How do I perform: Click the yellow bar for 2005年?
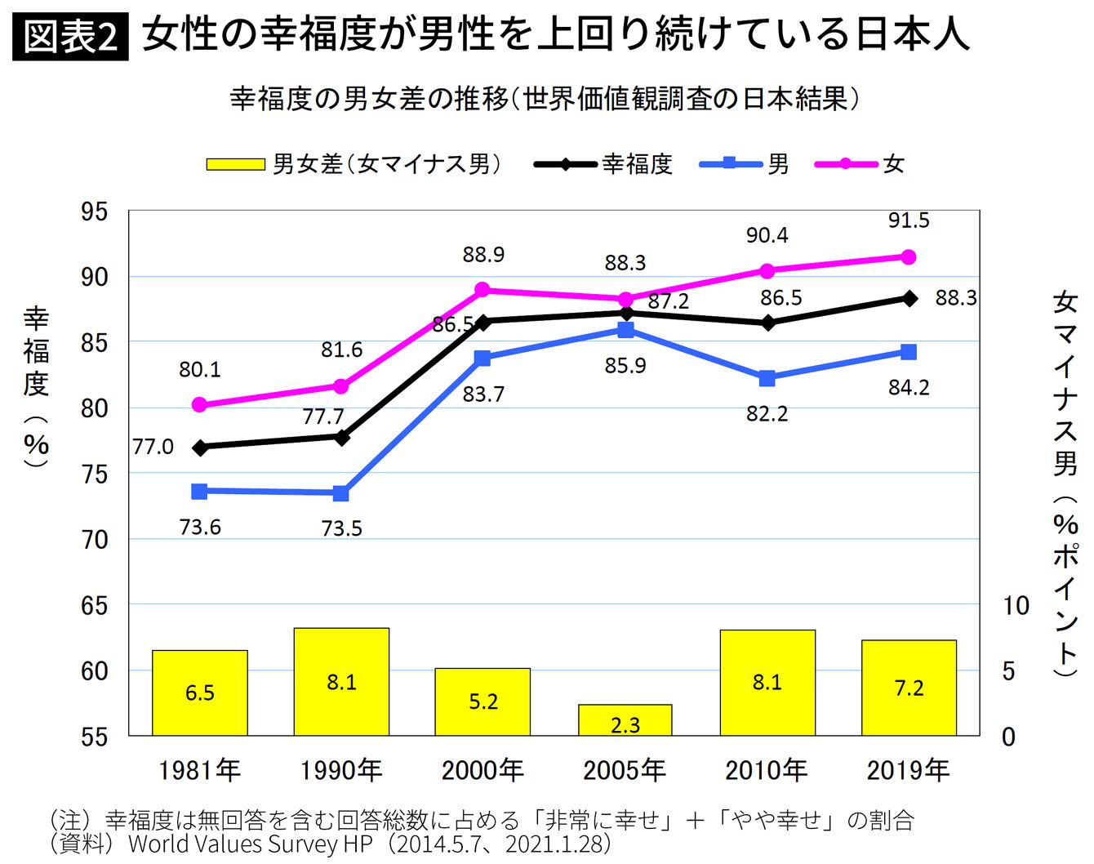click(625, 720)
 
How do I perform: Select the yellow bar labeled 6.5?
click(199, 693)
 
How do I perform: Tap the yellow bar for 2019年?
click(909, 688)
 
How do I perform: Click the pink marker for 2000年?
click(483, 290)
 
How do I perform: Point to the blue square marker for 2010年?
click(767, 378)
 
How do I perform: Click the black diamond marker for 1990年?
click(341, 437)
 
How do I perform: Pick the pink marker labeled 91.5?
click(908, 257)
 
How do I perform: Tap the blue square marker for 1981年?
click(199, 492)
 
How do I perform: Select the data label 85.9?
click(625, 366)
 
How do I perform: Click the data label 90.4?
click(767, 236)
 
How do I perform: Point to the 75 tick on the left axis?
click(94, 474)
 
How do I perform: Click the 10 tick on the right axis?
click(1016, 606)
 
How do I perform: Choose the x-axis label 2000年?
click(483, 770)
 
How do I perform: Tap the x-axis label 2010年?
click(767, 770)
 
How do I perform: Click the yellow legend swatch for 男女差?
click(235, 164)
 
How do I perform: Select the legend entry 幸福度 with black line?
click(604, 164)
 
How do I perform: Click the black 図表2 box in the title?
click(71, 38)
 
